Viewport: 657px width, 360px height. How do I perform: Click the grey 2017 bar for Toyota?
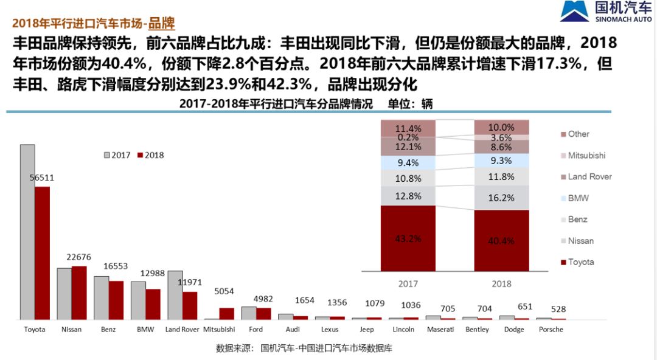(27, 232)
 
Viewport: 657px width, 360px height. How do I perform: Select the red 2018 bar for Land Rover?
(190, 305)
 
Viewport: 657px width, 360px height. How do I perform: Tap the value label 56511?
(42, 178)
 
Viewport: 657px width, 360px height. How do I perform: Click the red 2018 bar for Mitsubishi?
(226, 313)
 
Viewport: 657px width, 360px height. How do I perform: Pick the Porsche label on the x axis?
(551, 329)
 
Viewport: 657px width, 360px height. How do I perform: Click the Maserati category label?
(440, 329)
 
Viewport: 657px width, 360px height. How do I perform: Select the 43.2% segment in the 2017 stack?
(408, 238)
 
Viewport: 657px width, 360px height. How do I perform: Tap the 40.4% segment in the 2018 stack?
(501, 241)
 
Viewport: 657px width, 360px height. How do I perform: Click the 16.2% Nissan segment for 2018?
(501, 198)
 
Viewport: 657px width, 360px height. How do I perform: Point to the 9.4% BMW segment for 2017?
(408, 162)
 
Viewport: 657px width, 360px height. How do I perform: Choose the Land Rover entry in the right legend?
(589, 176)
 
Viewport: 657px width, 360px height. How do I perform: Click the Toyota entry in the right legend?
(580, 262)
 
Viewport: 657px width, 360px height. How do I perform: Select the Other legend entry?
(578, 134)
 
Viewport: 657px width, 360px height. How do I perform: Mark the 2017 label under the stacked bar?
(408, 283)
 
